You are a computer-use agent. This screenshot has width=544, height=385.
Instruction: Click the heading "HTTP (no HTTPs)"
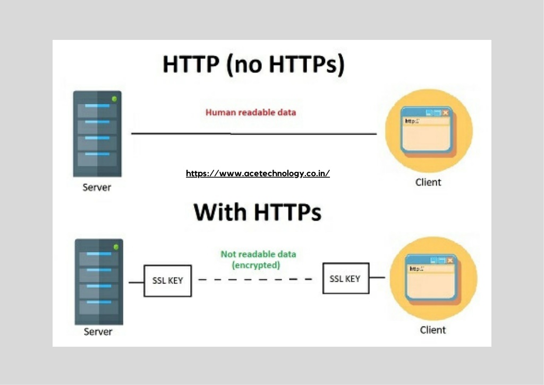253,64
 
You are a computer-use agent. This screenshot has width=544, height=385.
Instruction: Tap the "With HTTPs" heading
258,212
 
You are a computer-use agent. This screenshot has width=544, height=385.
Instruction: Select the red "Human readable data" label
251,113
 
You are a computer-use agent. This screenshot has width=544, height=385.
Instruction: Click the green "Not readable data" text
259,254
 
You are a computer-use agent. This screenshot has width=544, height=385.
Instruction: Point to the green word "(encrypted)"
256,265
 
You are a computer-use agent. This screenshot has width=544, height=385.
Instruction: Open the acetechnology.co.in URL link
258,173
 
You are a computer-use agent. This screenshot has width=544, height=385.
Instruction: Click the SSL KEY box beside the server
167,281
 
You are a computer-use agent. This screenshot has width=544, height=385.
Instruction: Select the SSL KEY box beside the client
345,279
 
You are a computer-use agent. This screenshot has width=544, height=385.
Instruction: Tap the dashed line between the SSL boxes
255,279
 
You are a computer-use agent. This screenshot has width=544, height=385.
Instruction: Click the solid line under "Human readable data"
254,133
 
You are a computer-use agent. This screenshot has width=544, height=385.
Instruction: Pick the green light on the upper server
115,99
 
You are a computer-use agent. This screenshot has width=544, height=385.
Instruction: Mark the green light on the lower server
116,247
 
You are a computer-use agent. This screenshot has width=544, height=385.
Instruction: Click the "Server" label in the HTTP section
97,188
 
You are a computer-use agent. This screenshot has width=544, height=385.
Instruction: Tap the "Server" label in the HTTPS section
98,331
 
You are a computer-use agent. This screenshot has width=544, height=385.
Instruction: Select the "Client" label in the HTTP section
428,182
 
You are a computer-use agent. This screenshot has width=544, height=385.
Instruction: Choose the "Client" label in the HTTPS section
432,330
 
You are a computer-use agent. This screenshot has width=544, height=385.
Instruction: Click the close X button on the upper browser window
446,113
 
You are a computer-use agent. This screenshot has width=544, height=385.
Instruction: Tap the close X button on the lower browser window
450,260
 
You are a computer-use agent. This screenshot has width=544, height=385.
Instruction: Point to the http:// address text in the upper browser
412,121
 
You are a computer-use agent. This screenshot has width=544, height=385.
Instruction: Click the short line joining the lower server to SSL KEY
137,282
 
